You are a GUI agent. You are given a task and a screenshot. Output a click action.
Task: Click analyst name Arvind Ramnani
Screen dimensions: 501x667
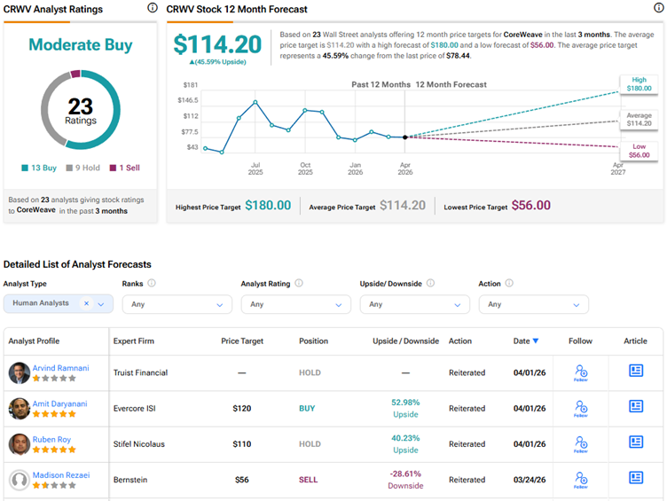[61, 367]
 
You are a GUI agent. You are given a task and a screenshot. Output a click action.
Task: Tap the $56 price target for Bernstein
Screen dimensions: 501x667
[241, 480]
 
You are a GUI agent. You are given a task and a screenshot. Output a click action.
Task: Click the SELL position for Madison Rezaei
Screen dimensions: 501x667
[308, 480]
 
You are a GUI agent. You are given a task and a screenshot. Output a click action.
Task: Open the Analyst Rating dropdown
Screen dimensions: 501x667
[295, 304]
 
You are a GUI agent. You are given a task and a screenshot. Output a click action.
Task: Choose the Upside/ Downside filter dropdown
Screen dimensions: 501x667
[414, 304]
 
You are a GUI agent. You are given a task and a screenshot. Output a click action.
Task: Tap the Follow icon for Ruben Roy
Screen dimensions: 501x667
[580, 443]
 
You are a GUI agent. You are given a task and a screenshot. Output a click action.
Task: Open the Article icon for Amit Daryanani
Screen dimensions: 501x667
[636, 407]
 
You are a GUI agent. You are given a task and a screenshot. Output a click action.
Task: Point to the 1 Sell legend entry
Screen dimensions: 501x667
[124, 168]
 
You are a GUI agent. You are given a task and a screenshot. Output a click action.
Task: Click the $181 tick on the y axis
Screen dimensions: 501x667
[190, 84]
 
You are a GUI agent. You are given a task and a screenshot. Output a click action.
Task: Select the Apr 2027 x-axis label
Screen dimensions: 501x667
[617, 168]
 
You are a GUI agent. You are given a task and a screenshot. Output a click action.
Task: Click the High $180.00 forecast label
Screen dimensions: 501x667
[639, 84]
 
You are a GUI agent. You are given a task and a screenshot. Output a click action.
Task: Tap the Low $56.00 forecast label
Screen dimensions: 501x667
[639, 150]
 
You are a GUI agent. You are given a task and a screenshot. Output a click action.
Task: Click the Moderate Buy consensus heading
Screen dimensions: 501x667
[80, 44]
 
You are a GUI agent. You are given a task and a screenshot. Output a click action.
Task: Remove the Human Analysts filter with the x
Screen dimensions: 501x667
[86, 303]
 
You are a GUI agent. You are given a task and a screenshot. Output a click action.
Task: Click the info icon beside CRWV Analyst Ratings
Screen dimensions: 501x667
[152, 8]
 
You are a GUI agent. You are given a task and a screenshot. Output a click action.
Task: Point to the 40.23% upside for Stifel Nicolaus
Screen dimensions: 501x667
[407, 443]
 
